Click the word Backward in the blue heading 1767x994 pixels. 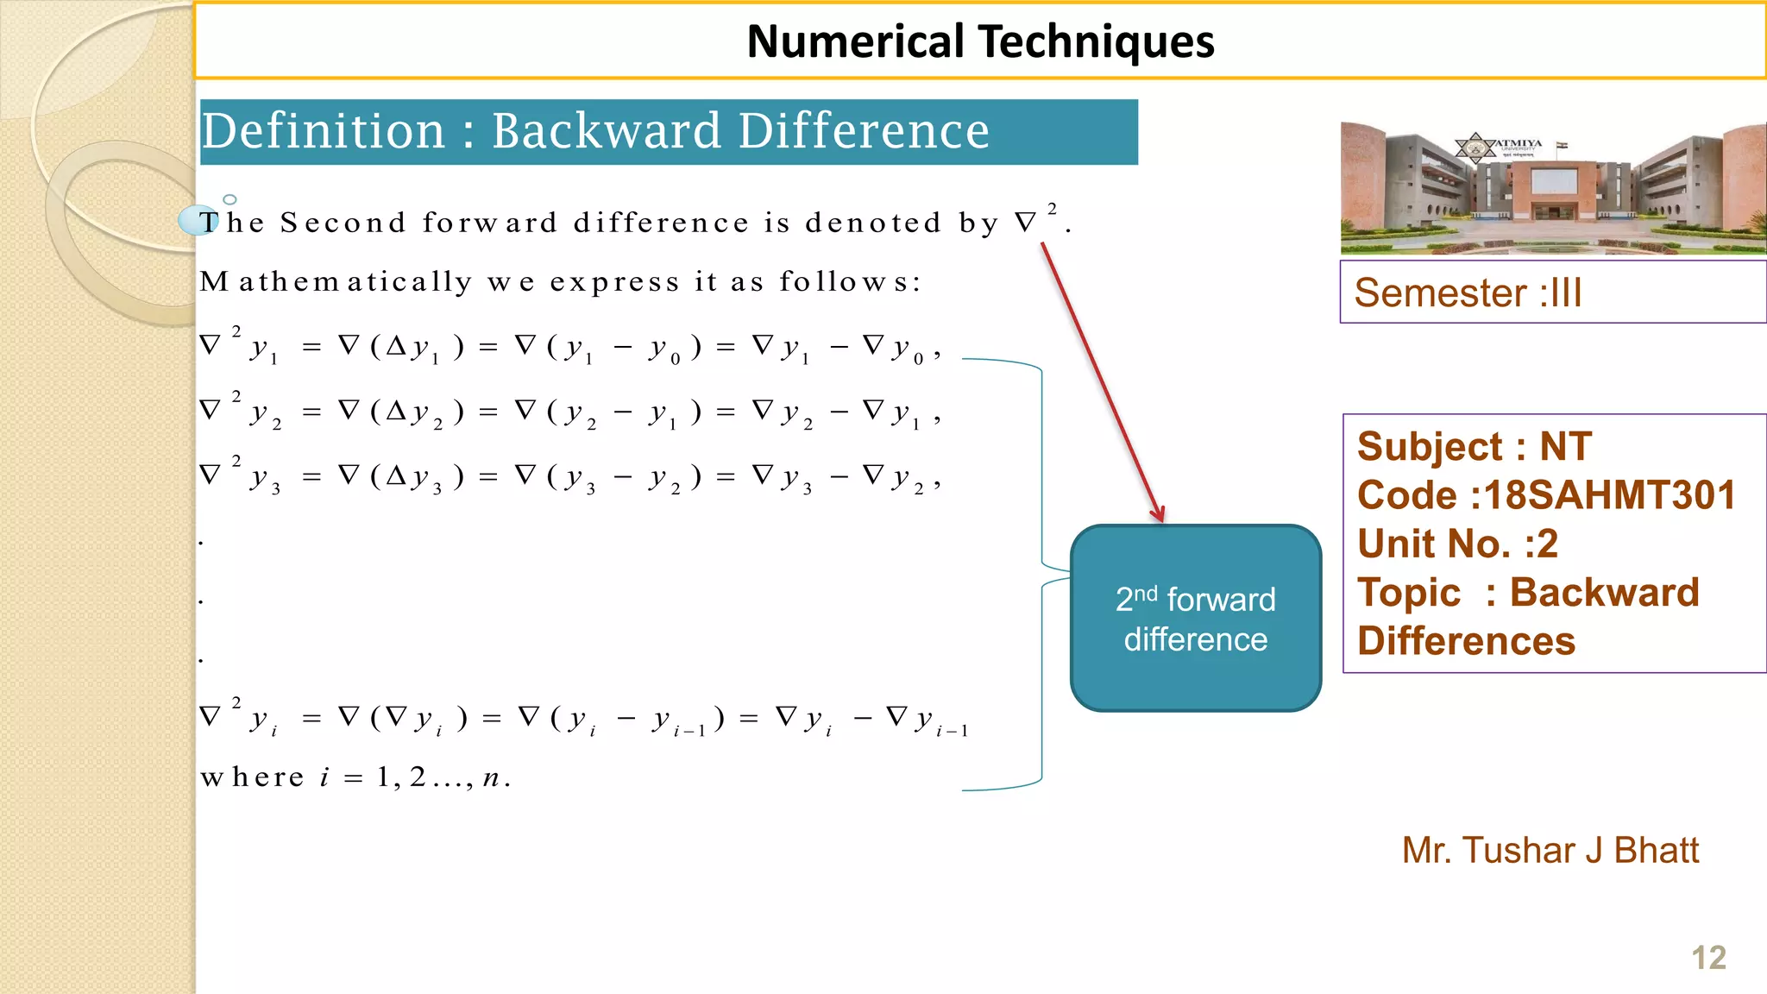click(x=606, y=131)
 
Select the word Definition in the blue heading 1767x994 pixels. click(x=324, y=131)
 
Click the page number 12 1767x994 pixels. click(x=1708, y=958)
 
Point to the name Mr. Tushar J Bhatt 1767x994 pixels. click(x=1550, y=851)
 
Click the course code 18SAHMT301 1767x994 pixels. click(x=1608, y=495)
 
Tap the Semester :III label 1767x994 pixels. click(x=1468, y=293)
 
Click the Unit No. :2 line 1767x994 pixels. click(x=1457, y=544)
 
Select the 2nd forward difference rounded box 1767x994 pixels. click(x=1195, y=619)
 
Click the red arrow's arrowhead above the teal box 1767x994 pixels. click(x=1159, y=515)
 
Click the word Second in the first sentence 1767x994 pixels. click(x=343, y=223)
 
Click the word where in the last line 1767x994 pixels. click(x=252, y=777)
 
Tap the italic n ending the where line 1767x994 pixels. click(x=491, y=778)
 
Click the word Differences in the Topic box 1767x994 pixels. click(x=1466, y=641)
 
